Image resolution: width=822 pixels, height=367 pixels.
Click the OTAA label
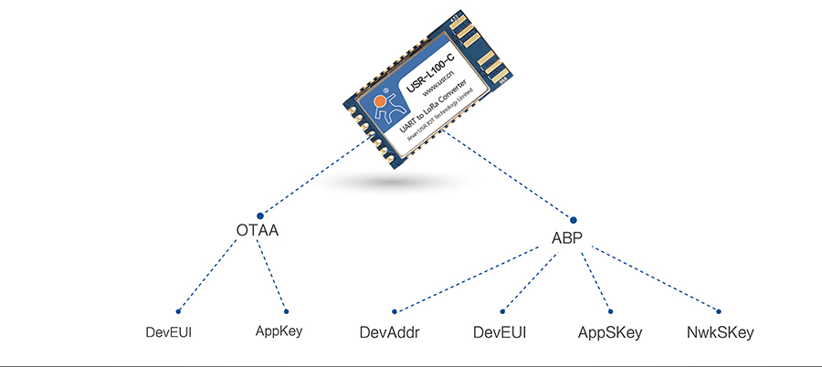(x=257, y=231)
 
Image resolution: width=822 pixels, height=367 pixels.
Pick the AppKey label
(x=279, y=331)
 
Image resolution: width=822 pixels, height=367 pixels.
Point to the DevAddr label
(x=390, y=332)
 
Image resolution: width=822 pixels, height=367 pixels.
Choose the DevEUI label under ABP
(x=501, y=332)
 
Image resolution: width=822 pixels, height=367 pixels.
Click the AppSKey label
(x=610, y=332)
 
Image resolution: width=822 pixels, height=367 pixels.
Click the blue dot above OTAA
(x=260, y=215)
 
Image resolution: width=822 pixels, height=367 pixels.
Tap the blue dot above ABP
(x=574, y=219)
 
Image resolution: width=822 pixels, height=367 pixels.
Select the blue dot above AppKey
(x=286, y=310)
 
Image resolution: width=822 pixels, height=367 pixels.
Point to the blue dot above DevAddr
(x=395, y=310)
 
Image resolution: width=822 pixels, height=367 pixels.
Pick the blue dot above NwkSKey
(x=718, y=310)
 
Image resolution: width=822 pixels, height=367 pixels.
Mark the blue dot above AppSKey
(x=610, y=310)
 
